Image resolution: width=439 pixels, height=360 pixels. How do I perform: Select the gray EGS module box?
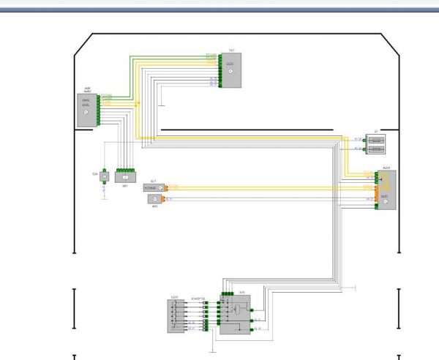coord(230,70)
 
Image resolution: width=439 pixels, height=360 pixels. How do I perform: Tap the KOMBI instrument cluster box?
coord(153,188)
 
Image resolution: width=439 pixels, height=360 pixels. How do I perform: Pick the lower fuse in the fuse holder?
coord(375,149)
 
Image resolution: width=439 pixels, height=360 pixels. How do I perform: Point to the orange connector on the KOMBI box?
coord(165,188)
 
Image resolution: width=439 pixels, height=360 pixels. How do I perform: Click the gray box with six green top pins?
coord(126,176)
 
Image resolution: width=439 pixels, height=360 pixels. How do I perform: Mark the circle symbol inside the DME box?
coord(86,112)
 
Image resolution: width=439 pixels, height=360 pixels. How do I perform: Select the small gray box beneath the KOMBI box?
coord(155,198)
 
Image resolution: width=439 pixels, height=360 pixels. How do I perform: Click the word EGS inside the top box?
coord(229,64)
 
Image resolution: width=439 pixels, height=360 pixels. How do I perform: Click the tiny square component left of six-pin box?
coord(104,176)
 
